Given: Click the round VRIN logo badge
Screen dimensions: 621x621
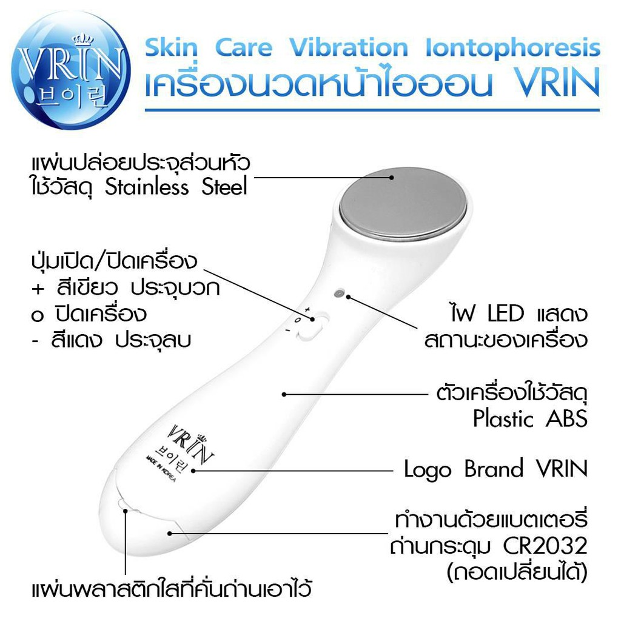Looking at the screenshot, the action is pos(70,70).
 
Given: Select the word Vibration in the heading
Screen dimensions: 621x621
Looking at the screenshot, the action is pos(349,47).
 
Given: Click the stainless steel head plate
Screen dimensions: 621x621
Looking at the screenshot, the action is pos(403,204).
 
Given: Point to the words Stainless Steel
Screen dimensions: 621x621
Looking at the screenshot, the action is pos(176,187).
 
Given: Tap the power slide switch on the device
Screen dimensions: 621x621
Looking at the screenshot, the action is pos(314,326).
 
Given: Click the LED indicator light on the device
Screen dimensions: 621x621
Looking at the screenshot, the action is pos(338,294).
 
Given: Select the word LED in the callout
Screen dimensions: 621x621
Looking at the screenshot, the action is pos(506,314).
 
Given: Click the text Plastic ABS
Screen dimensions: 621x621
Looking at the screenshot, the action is pos(530,418).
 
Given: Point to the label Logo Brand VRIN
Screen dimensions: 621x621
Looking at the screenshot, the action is pos(495,469).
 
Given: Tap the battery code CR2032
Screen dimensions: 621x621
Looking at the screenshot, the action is pos(545,546).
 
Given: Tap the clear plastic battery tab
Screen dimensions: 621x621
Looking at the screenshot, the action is pos(123,505).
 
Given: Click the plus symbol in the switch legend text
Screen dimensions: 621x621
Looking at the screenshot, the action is pos(38,289).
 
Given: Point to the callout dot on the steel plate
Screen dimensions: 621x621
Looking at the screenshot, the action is pos(392,178).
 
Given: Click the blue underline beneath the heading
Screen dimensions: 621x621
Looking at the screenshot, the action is pos(372,110).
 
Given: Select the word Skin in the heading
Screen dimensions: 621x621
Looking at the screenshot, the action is pos(172,49).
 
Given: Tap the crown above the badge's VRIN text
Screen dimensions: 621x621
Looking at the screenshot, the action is pos(83,38).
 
